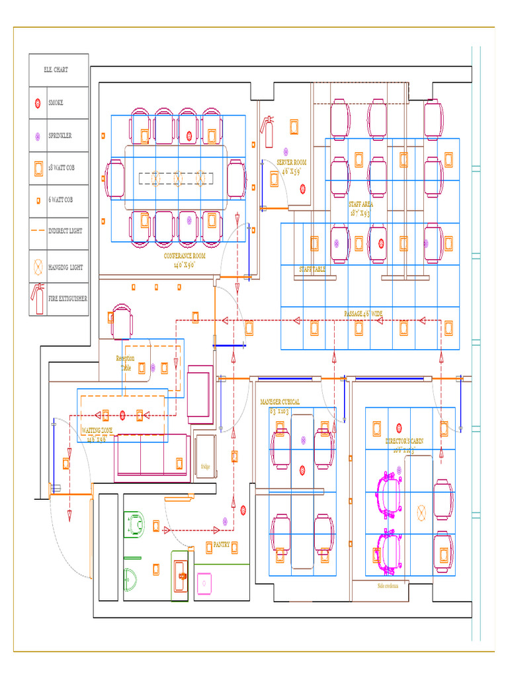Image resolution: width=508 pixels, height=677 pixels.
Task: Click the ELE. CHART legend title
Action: coord(56,69)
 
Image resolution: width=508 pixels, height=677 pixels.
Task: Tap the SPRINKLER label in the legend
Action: coord(60,136)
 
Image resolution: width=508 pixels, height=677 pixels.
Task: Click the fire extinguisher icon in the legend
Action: coord(37,299)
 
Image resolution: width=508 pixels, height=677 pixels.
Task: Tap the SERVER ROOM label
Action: coord(291,162)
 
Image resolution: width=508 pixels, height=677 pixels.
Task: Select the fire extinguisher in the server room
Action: coord(269,132)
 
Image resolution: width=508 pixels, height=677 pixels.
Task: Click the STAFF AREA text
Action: coord(360,204)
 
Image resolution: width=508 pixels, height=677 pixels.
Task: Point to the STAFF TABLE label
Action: coord(312,269)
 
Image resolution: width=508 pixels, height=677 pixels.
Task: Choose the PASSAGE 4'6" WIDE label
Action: coord(363,313)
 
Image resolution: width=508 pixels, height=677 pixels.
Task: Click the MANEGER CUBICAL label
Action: coord(280,401)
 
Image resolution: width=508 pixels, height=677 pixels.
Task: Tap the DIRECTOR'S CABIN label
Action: coord(404,441)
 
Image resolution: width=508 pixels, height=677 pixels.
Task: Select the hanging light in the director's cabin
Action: coord(421,511)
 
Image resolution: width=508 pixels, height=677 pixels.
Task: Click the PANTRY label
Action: coord(222,545)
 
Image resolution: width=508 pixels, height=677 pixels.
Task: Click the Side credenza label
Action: coord(388,586)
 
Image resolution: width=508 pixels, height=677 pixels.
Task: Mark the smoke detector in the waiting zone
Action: coord(122,415)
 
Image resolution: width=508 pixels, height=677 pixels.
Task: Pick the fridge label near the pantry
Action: coord(205,467)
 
